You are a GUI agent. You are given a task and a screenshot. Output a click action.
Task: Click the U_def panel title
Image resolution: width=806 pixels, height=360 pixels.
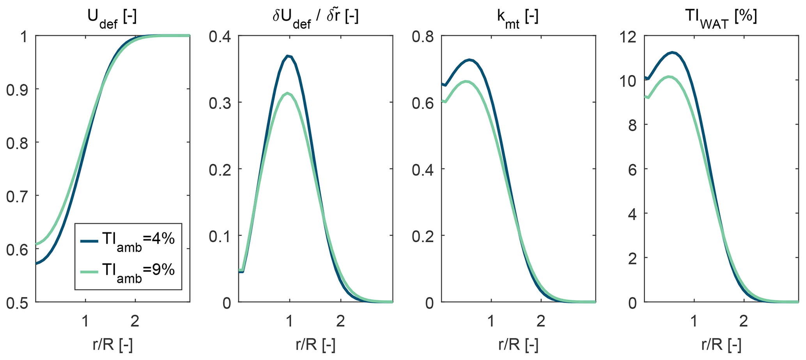pos(112,18)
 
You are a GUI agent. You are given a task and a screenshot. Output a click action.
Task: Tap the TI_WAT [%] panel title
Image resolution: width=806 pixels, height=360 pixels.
pos(721,18)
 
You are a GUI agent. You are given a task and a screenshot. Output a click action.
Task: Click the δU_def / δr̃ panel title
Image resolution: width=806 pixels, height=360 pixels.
pos(315,18)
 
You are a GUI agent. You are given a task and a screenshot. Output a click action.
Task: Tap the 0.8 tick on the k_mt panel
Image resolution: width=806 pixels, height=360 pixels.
pos(423,37)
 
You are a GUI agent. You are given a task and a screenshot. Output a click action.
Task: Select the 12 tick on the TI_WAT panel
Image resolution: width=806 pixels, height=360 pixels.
pos(629,37)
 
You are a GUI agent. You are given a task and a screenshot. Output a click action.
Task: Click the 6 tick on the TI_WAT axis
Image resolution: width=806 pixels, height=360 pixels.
pos(634,169)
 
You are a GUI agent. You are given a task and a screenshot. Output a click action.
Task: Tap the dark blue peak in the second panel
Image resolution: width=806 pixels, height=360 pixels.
pos(288,56)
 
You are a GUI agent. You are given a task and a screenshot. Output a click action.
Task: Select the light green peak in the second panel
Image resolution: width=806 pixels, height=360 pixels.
pos(288,93)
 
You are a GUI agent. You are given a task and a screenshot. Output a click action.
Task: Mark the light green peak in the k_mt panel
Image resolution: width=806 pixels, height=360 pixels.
pos(466,81)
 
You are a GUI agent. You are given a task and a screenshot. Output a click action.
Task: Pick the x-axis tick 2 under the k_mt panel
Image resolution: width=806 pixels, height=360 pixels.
pos(540,321)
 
